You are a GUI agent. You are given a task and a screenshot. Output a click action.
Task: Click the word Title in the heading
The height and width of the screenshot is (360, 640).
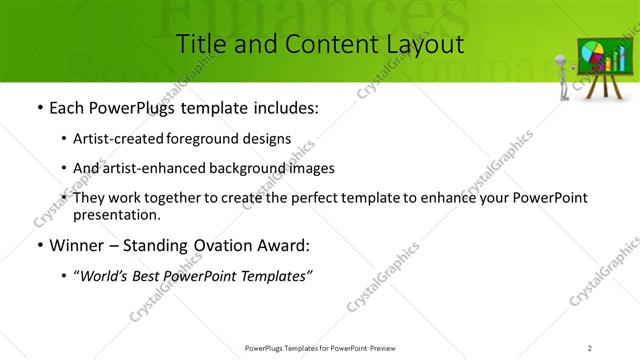pyautogui.click(x=198, y=44)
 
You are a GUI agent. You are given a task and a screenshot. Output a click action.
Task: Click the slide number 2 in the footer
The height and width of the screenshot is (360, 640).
pyautogui.click(x=590, y=347)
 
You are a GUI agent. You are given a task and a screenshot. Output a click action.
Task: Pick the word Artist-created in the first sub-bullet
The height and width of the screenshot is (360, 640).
pyautogui.click(x=126, y=139)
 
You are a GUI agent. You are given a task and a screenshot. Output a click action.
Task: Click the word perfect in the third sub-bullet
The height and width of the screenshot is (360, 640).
pyautogui.click(x=312, y=198)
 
